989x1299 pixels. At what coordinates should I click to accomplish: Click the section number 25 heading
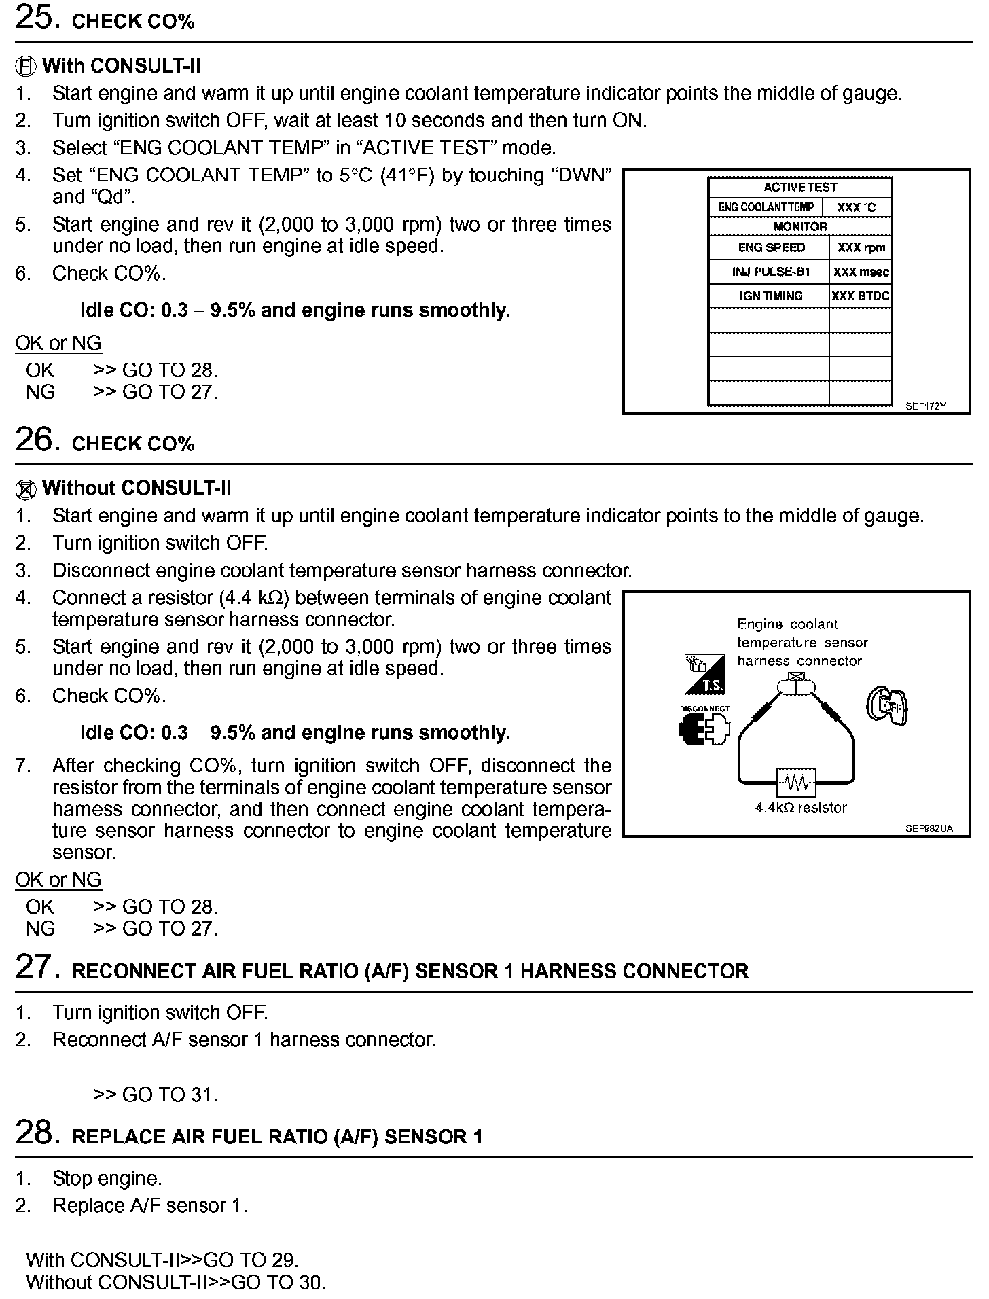click(34, 18)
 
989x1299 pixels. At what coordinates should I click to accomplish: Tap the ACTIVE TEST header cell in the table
click(799, 188)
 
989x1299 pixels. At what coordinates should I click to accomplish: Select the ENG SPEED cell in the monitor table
click(771, 248)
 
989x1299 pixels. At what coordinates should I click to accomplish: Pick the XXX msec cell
click(861, 272)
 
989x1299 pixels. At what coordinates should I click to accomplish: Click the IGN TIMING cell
click(771, 296)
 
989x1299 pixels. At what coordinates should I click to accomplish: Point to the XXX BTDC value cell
click(861, 296)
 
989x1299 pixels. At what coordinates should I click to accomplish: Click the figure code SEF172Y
click(925, 406)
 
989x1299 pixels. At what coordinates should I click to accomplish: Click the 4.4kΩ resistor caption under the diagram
click(801, 808)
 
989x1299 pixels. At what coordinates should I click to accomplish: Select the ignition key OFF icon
click(888, 707)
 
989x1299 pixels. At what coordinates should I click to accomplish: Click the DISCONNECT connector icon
click(704, 727)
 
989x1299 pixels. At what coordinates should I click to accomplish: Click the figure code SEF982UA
click(929, 828)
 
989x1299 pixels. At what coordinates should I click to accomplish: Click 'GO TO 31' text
click(156, 1095)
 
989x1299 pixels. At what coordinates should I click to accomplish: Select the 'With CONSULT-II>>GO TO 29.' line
click(162, 1260)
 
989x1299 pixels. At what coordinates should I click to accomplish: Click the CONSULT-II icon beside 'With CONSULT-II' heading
click(25, 67)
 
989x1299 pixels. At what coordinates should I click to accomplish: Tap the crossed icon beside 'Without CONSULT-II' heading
click(25, 489)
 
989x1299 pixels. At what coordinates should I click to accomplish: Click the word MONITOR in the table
click(799, 227)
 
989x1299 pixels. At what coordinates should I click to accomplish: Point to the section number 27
click(34, 967)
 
